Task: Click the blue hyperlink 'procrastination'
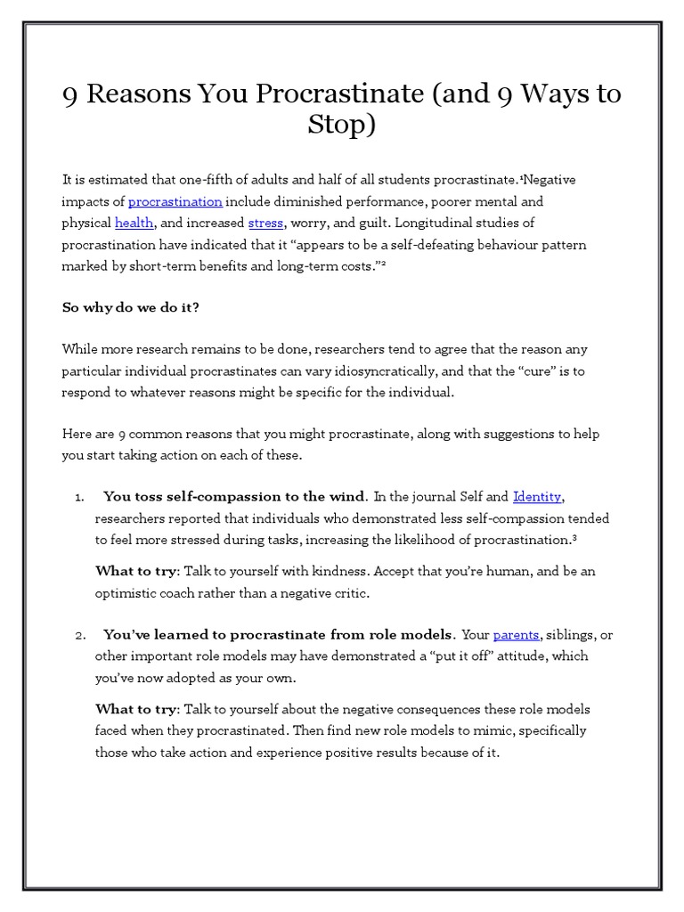pyautogui.click(x=175, y=201)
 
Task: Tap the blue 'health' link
pyautogui.click(x=134, y=223)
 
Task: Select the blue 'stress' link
pyautogui.click(x=265, y=223)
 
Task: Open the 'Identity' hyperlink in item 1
pyautogui.click(x=538, y=496)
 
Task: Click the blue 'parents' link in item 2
pyautogui.click(x=516, y=635)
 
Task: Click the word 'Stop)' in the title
pyautogui.click(x=342, y=125)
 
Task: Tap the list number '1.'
pyautogui.click(x=79, y=497)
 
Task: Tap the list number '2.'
pyautogui.click(x=79, y=636)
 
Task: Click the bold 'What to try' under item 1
pyautogui.click(x=137, y=572)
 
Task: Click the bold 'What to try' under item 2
pyautogui.click(x=137, y=710)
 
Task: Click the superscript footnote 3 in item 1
pyautogui.click(x=576, y=538)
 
